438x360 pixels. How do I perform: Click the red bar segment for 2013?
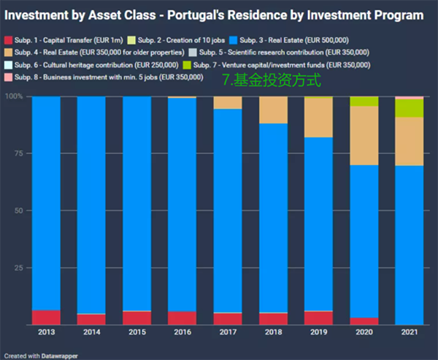(47, 317)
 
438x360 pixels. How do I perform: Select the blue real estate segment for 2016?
(182, 204)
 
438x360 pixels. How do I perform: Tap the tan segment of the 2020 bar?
(364, 136)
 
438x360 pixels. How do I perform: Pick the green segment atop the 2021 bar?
(410, 108)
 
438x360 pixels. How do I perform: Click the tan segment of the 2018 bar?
(273, 110)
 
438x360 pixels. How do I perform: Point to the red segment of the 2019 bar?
(318, 318)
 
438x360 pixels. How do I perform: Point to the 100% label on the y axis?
(15, 96)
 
